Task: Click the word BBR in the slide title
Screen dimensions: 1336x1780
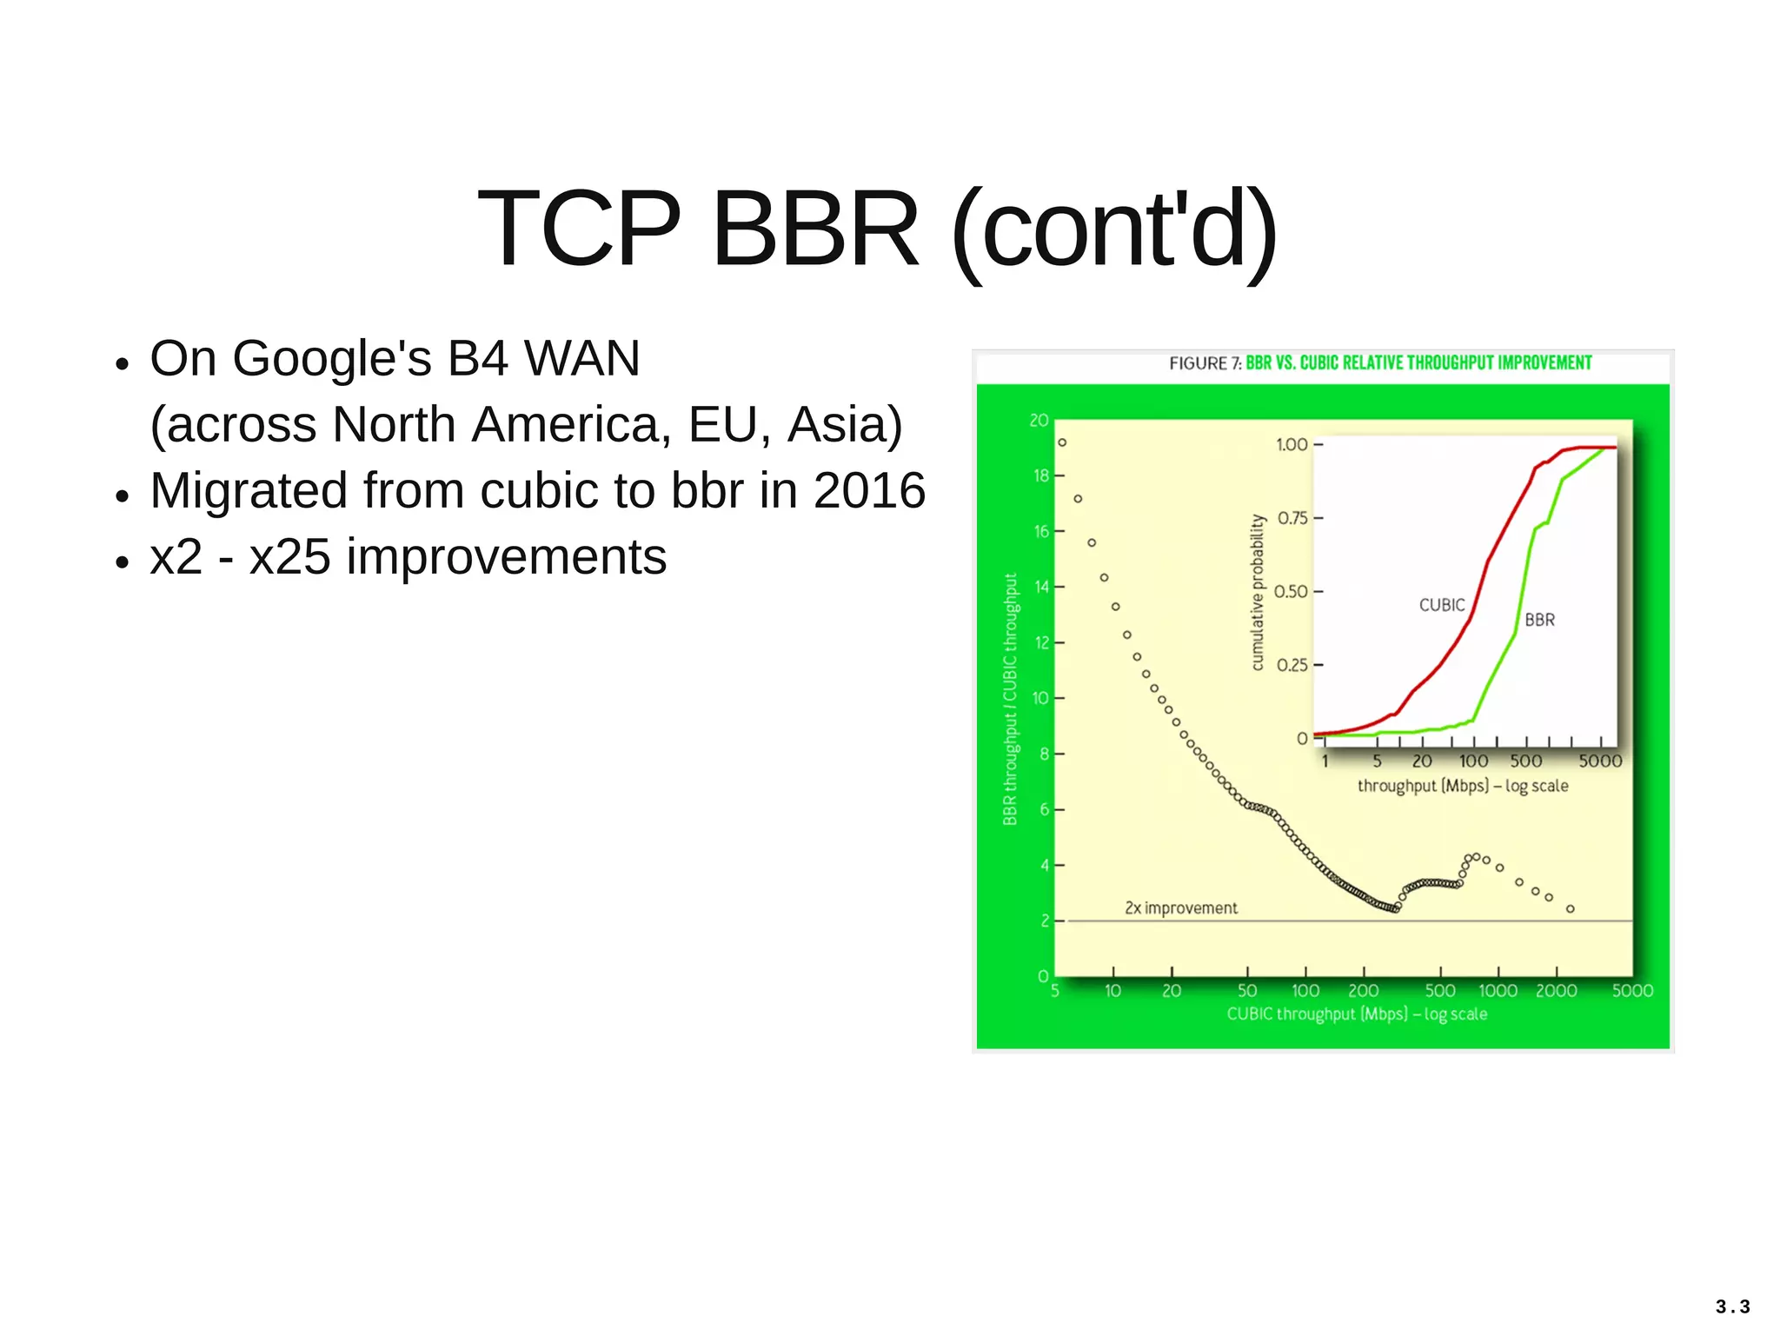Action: pyautogui.click(x=814, y=229)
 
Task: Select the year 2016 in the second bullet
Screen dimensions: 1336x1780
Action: pyautogui.click(x=869, y=490)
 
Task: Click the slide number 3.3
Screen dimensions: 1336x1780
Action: pyautogui.click(x=1732, y=1306)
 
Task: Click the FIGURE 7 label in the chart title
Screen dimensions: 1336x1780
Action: pyautogui.click(x=1204, y=363)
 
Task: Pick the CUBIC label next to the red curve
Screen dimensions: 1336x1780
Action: pyautogui.click(x=1441, y=605)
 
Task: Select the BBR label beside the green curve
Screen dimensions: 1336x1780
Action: pyautogui.click(x=1539, y=620)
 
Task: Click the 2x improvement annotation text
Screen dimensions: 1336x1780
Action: pyautogui.click(x=1180, y=908)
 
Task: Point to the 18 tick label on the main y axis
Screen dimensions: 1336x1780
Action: pyautogui.click(x=1040, y=475)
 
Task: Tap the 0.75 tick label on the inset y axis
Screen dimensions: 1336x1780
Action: pyautogui.click(x=1292, y=518)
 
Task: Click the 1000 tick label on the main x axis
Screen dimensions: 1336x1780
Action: pyautogui.click(x=1498, y=991)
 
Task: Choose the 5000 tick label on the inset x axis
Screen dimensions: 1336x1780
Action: pyautogui.click(x=1599, y=761)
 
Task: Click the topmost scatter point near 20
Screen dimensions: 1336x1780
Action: pyautogui.click(x=1062, y=442)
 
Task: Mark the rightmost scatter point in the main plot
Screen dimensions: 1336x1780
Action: pyautogui.click(x=1571, y=909)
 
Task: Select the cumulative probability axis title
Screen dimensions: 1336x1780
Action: pyautogui.click(x=1257, y=592)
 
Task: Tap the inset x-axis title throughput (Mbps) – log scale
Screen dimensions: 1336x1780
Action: pyautogui.click(x=1463, y=786)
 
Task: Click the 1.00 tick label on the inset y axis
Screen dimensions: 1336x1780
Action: pyautogui.click(x=1291, y=445)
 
